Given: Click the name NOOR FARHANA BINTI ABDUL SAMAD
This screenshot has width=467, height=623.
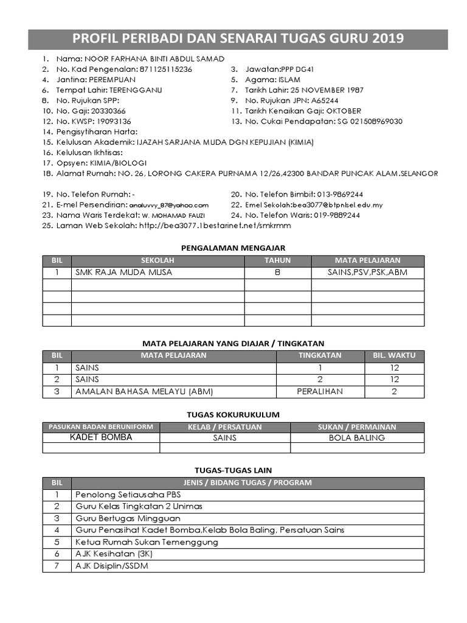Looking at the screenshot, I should point(154,59).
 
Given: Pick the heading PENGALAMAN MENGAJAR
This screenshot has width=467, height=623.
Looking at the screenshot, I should point(233,248).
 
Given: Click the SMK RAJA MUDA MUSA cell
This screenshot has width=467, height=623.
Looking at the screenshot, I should point(123,273).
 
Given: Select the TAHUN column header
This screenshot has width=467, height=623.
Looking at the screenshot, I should point(277,260).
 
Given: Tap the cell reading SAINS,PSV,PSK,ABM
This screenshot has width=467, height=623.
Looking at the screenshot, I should point(367,273).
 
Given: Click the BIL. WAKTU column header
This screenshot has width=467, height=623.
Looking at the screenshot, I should point(394,355).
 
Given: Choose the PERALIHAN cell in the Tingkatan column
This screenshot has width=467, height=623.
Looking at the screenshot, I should point(320,392).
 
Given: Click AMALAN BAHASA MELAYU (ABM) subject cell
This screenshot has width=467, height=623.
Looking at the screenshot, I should point(144,392).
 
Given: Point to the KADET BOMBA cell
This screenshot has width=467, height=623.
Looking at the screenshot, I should point(101,437).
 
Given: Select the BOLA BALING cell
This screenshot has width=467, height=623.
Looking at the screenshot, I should point(357,437).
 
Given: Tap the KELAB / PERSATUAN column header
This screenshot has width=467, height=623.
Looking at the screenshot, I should point(224,426).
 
